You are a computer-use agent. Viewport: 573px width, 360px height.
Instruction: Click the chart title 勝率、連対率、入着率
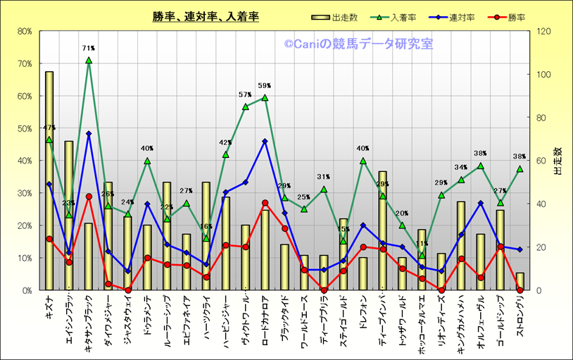[206, 16]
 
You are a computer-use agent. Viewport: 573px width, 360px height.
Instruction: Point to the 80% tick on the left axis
[25, 31]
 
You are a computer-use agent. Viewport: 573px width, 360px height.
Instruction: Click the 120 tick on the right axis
[544, 31]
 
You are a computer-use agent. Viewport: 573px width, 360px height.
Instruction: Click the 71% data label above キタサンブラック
[89, 49]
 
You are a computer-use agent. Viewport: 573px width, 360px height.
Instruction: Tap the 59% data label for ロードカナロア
[265, 87]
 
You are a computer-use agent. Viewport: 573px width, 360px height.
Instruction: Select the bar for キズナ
[49, 183]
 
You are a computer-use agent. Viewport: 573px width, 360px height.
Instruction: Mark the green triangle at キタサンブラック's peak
[89, 61]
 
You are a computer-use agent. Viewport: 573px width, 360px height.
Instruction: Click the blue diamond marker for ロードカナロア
[265, 142]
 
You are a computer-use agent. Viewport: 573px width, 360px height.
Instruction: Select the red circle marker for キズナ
[49, 239]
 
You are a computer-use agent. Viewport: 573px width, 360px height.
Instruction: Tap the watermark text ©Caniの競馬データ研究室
[358, 44]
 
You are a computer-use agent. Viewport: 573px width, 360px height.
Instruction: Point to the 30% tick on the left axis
[25, 193]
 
